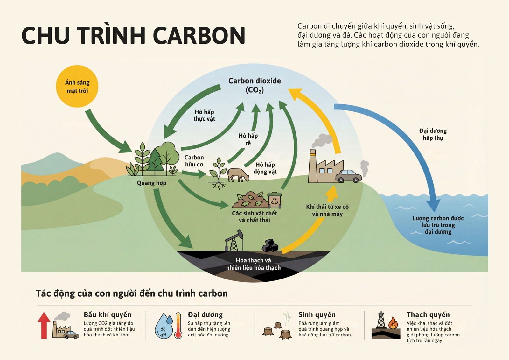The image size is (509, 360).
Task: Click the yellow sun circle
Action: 77,86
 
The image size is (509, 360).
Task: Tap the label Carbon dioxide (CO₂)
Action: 254,85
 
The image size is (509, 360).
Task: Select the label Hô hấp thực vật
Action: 204,115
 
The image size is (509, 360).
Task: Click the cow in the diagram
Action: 238,175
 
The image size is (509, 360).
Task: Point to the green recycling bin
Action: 275,200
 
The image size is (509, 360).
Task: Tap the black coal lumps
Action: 270,245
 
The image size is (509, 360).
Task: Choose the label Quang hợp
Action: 151,183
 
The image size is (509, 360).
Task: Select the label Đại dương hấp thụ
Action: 433,134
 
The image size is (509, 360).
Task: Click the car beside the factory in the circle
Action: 348,176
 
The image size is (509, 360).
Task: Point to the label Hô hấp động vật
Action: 265,168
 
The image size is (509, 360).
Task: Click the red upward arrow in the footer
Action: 44,325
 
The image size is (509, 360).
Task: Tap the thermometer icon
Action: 178,325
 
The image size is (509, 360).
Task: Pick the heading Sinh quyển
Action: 317,314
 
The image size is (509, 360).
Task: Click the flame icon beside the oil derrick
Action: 393,323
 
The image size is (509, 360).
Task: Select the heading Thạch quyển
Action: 428,314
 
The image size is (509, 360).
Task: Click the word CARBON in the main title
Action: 199,35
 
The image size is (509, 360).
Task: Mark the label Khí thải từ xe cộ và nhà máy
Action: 327,210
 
